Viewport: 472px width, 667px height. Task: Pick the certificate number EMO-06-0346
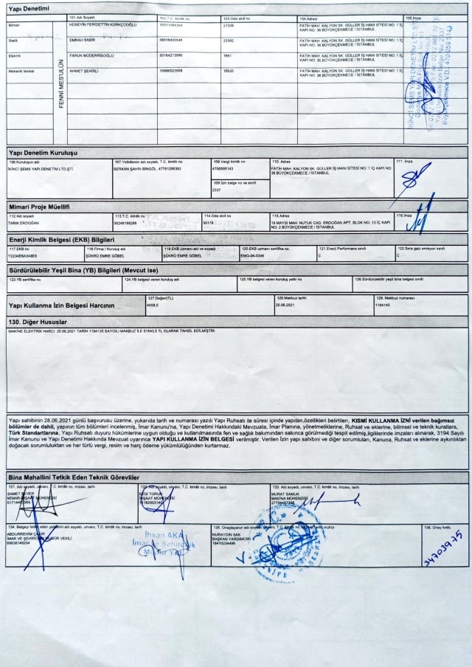pyautogui.click(x=254, y=255)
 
